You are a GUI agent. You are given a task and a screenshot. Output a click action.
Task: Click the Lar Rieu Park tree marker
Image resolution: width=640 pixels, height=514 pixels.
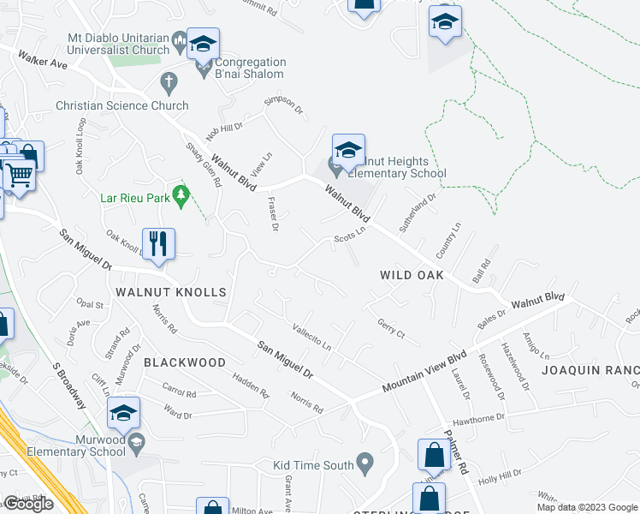pos(180,196)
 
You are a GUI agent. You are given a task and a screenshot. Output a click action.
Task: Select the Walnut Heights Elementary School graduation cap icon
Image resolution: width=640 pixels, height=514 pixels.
pos(348,151)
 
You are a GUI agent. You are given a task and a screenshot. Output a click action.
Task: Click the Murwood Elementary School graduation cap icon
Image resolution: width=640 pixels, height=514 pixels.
pos(124,415)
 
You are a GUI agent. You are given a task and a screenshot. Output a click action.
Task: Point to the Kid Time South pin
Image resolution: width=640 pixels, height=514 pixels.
pos(365,465)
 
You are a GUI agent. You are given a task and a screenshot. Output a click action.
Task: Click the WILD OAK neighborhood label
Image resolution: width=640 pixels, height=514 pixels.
pos(412,275)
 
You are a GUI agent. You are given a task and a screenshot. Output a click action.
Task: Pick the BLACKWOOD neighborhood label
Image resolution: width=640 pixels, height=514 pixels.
pos(184,362)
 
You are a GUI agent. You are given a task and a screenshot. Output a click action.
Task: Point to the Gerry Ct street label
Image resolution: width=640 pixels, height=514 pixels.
pos(390,328)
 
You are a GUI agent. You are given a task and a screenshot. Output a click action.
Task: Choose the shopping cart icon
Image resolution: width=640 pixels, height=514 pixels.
pos(19,175)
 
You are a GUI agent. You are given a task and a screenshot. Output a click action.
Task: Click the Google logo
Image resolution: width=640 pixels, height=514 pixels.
pos(28,504)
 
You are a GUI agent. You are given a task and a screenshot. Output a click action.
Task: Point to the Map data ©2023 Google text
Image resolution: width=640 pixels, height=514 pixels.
pos(586,507)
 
